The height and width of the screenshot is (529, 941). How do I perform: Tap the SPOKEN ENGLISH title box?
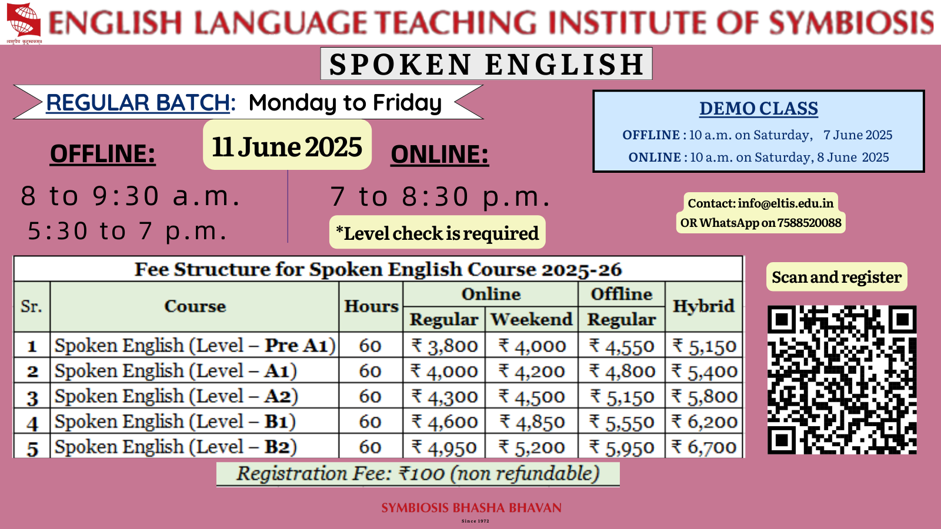click(486, 64)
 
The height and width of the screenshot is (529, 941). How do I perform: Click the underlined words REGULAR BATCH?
click(138, 103)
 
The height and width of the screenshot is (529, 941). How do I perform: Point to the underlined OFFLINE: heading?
click(102, 153)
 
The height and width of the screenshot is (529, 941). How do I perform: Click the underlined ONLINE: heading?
click(439, 155)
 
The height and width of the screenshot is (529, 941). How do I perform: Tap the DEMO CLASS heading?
click(759, 109)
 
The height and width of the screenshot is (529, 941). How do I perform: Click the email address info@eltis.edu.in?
click(786, 203)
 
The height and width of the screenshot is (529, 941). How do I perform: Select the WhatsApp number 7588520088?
click(809, 223)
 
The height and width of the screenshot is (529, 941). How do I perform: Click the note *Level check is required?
click(438, 233)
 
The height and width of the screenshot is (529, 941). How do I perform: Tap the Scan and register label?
click(836, 277)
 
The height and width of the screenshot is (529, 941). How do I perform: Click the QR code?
click(842, 380)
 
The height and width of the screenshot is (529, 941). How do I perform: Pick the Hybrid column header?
click(703, 306)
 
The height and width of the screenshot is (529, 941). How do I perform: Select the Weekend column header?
click(532, 320)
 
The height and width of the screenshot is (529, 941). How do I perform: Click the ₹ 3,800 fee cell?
click(444, 346)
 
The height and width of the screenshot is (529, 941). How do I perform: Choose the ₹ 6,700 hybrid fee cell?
click(703, 447)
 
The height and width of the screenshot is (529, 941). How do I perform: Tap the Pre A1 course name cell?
click(195, 346)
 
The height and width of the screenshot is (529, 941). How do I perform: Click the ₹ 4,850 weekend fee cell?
click(532, 421)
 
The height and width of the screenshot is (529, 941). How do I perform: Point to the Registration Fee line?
click(418, 474)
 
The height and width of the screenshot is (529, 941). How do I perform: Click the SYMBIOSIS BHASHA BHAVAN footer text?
click(471, 508)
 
